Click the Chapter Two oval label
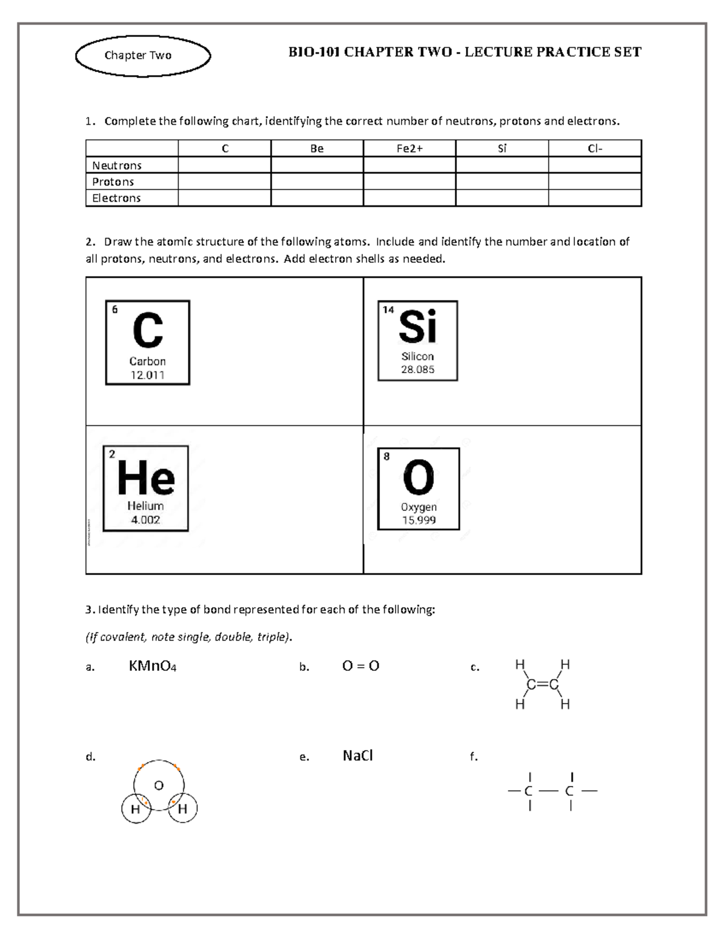(x=143, y=56)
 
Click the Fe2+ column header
(x=410, y=148)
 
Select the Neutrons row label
(x=117, y=165)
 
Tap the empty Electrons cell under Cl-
(x=594, y=198)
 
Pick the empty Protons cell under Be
(x=317, y=182)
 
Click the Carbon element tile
(x=148, y=342)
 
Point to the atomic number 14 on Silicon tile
(x=388, y=310)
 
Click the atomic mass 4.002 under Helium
(x=145, y=520)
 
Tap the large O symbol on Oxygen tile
(x=419, y=478)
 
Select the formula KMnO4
(x=152, y=667)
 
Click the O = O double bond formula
(x=360, y=666)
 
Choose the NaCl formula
(x=357, y=756)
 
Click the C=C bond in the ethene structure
(x=542, y=685)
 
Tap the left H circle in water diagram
(x=136, y=809)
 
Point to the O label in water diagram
(x=159, y=786)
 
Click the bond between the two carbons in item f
(x=549, y=791)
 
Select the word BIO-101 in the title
(x=314, y=52)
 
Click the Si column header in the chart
(x=502, y=148)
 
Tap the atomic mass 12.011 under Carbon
(x=148, y=375)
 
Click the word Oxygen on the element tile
(x=419, y=507)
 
